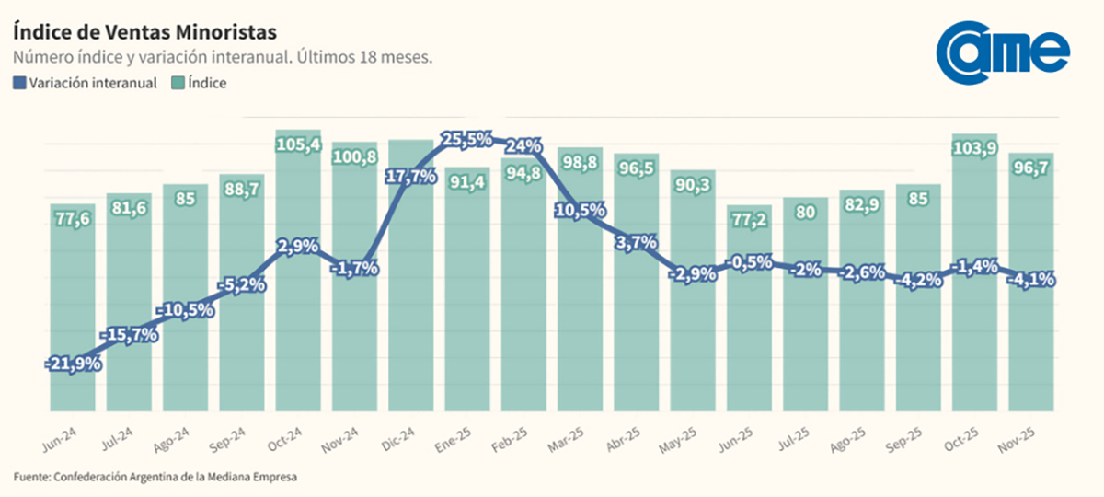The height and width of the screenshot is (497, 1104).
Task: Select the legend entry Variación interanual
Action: pyautogui.click(x=86, y=83)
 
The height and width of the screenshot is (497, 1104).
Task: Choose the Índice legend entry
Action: pyautogui.click(x=200, y=83)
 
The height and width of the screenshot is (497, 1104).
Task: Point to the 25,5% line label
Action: pyautogui.click(x=467, y=140)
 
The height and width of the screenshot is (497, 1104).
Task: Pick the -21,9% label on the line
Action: pyautogui.click(x=74, y=364)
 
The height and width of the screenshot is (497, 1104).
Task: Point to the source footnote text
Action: pyautogui.click(x=156, y=477)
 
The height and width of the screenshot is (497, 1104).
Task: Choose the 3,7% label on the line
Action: pyautogui.click(x=637, y=243)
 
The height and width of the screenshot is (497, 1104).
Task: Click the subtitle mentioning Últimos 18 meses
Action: pyautogui.click(x=224, y=57)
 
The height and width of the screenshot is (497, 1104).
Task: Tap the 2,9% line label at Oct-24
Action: pyautogui.click(x=298, y=246)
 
